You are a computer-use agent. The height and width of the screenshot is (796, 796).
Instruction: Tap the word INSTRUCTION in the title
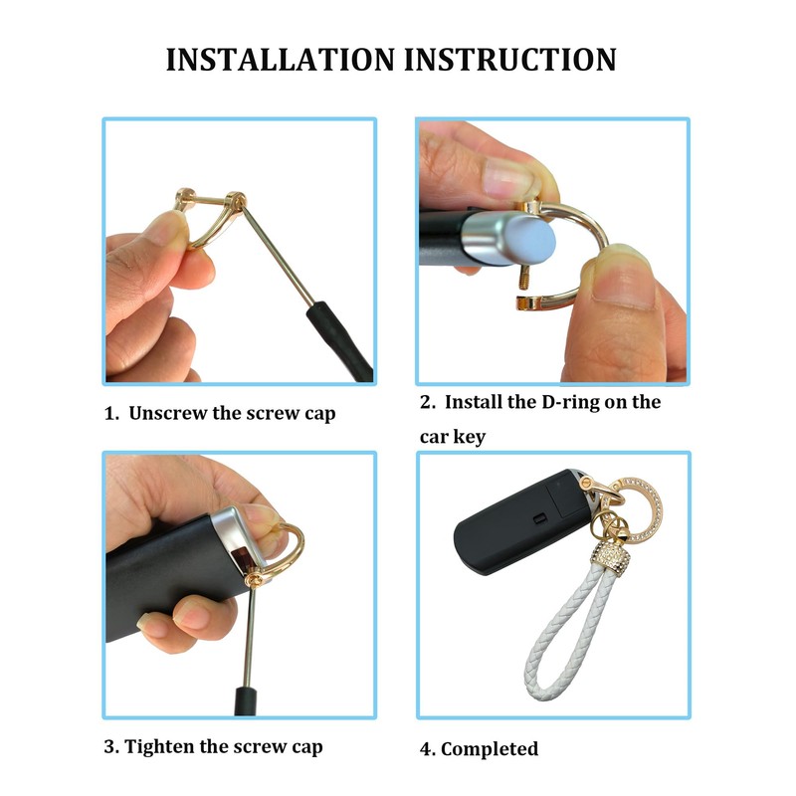(511, 59)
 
